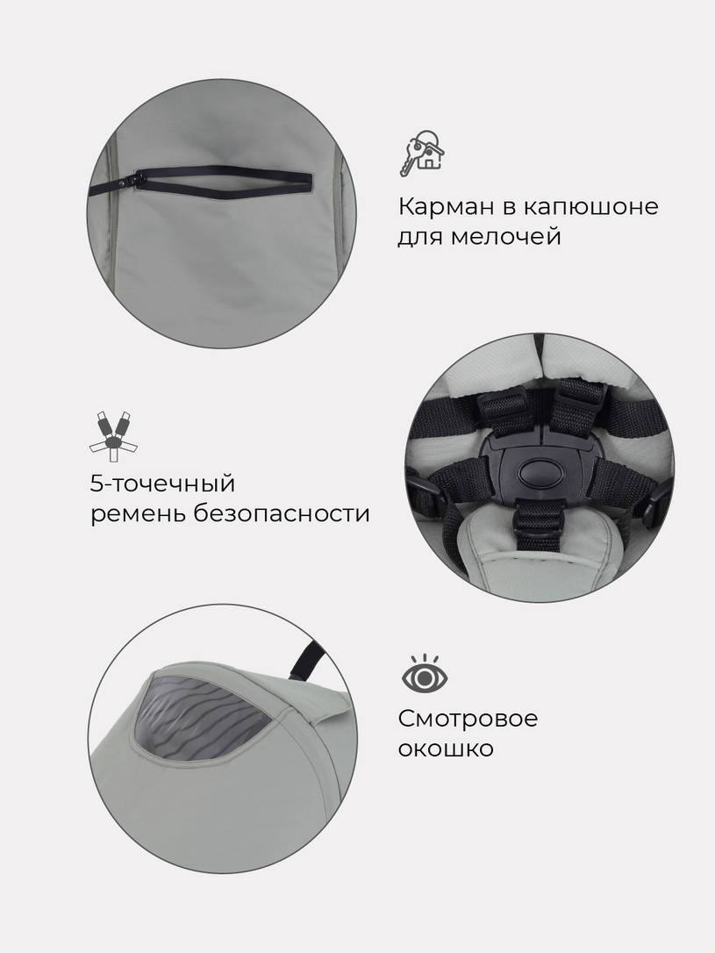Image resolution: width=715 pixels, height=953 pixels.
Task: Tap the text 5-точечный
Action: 161,484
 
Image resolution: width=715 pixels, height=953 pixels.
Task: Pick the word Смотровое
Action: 468,719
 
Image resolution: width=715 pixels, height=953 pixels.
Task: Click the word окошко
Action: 446,749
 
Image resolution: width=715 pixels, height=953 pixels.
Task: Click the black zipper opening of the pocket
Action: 215,175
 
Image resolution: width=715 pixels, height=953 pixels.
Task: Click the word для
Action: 420,237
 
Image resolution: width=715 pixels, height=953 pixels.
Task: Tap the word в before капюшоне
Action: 506,209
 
